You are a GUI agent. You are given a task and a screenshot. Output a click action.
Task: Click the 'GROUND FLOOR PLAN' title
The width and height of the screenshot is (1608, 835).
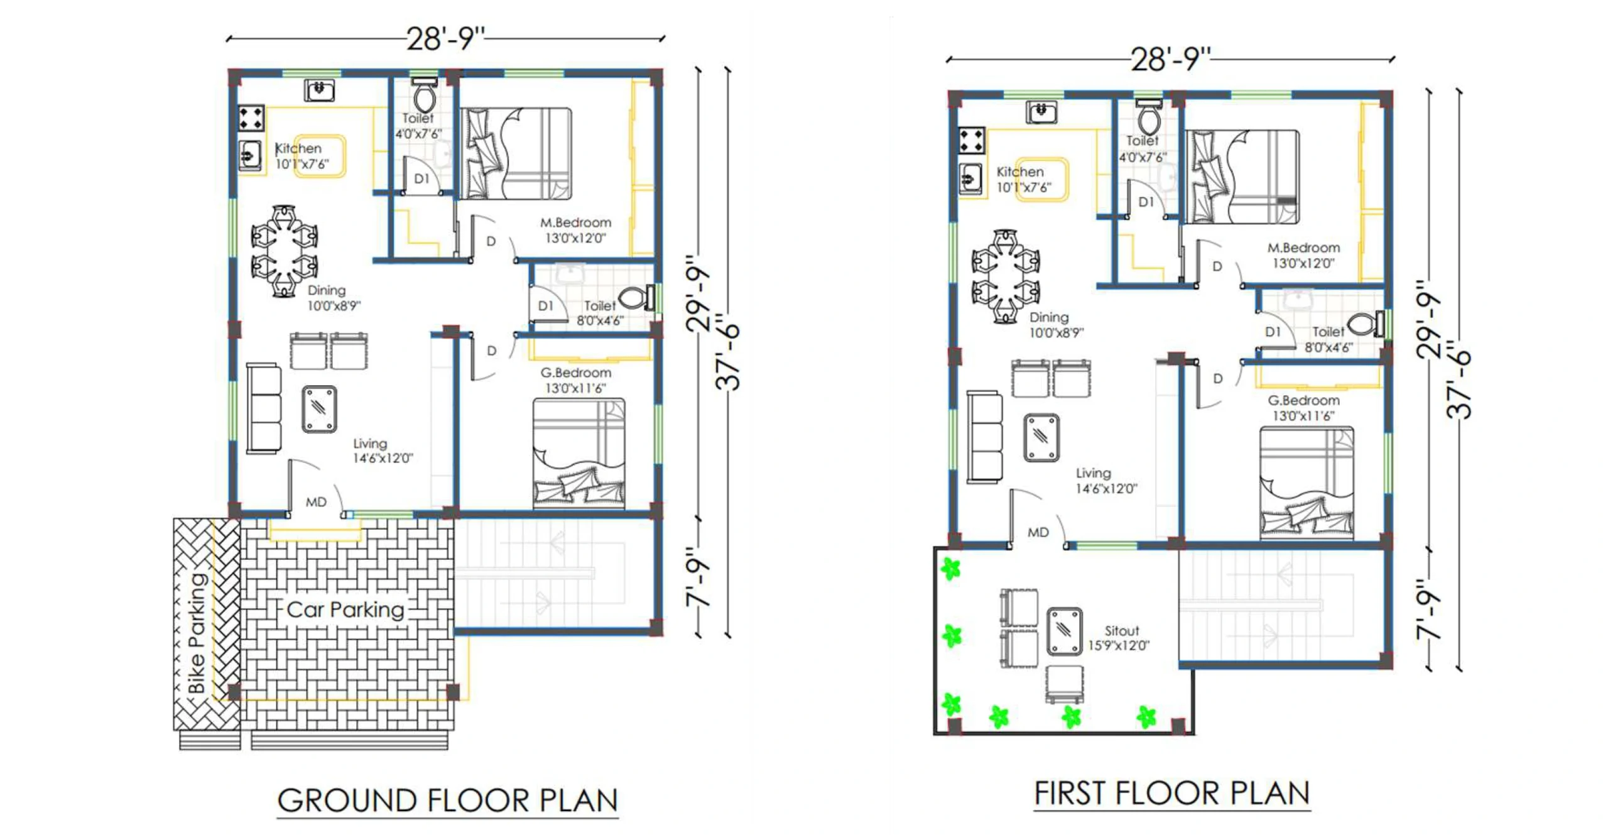coord(447,800)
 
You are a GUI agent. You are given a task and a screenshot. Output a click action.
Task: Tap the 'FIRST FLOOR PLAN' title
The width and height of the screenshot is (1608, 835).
coord(1172,793)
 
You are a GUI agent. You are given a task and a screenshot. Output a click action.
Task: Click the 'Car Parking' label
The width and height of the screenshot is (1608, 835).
coord(345,609)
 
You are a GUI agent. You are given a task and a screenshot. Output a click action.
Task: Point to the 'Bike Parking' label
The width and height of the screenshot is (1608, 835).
coord(197,633)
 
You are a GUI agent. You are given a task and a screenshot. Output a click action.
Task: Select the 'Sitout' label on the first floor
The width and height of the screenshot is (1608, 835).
coord(1122,631)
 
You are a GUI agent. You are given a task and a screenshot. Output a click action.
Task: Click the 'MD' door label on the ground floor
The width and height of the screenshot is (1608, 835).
coord(316,502)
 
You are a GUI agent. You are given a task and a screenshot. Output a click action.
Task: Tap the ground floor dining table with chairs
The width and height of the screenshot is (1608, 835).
coord(285,251)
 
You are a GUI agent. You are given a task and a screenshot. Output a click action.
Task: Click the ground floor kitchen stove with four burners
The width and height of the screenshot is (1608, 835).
coord(251,118)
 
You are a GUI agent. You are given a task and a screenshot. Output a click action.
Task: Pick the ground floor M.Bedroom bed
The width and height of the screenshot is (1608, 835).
coord(516,154)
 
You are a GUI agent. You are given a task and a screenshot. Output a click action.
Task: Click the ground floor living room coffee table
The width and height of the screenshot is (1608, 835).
coord(320,410)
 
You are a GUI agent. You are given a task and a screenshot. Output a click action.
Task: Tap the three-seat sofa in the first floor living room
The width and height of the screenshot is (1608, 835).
coord(984,437)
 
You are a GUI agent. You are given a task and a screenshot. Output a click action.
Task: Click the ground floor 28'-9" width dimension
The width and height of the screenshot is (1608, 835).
coord(446,38)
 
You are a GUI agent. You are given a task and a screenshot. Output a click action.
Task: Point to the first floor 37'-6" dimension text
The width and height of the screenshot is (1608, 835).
coord(1459,380)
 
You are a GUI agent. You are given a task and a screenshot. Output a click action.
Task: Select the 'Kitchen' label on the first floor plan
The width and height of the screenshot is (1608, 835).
coord(1020,172)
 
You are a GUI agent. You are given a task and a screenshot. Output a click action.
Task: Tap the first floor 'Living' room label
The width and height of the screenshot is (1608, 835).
coord(1093,473)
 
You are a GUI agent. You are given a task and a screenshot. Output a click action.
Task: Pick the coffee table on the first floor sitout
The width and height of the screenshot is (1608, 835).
coord(1065,631)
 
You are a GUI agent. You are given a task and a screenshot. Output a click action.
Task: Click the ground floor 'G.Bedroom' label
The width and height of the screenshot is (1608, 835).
coord(576,373)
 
